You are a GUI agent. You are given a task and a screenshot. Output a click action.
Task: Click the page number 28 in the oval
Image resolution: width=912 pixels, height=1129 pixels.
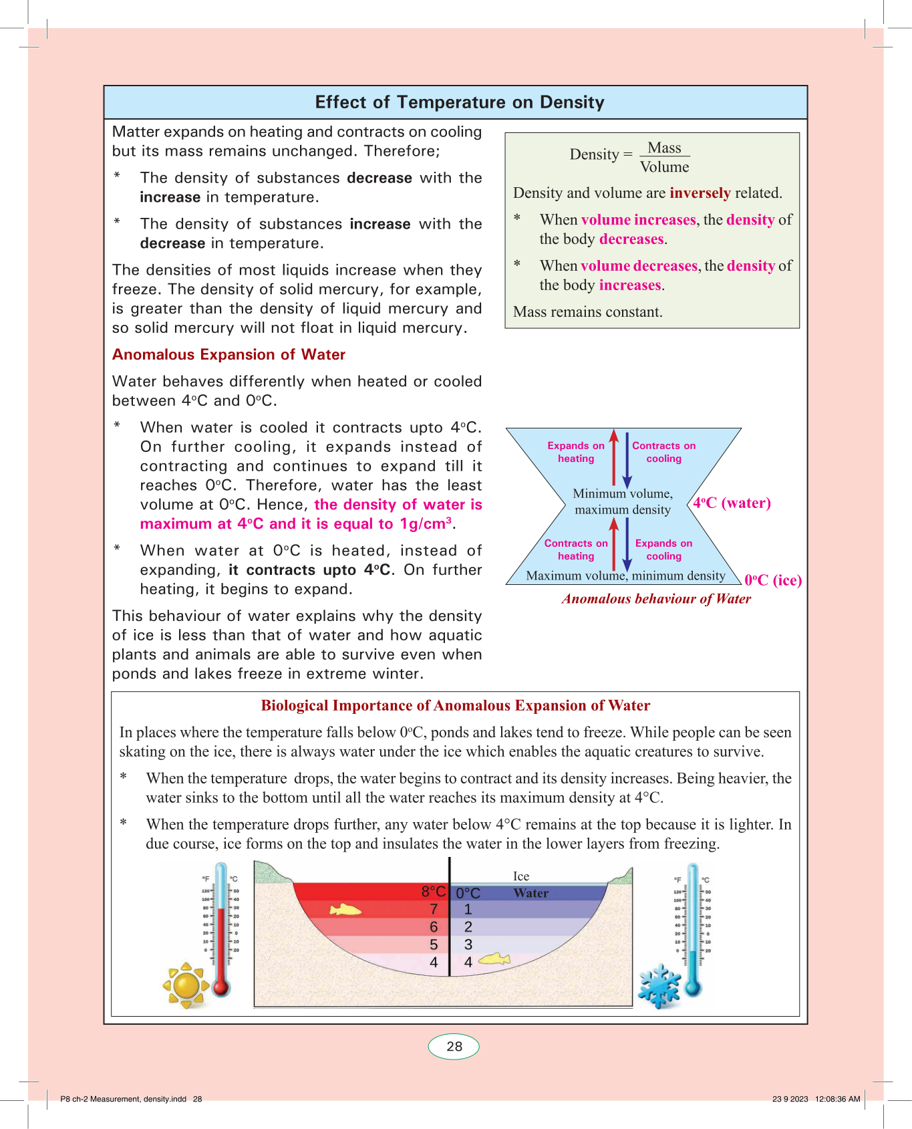[454, 1047]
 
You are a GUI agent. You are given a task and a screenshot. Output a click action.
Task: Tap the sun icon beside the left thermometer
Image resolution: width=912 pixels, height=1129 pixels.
[186, 985]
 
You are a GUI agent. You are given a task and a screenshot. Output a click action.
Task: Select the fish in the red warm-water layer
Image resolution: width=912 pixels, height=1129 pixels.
[345, 910]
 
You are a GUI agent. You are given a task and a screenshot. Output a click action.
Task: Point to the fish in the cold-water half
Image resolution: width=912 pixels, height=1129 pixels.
[494, 959]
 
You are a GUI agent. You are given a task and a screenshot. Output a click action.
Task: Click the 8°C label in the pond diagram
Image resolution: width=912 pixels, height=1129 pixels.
[433, 892]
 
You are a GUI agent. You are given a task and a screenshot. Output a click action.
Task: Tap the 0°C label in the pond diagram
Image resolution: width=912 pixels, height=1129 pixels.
[468, 894]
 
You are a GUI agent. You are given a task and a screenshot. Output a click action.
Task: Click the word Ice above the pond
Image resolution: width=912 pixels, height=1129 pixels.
[521, 876]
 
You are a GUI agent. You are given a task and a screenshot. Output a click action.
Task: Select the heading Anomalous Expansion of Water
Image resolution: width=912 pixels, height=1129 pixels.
[229, 355]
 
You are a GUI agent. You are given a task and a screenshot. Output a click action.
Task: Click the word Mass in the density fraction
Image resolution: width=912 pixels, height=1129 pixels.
[664, 148]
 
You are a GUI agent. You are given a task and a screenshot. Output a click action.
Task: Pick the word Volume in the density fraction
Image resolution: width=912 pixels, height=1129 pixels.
[664, 167]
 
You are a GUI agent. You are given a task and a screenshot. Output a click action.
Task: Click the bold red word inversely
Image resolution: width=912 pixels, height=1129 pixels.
[700, 193]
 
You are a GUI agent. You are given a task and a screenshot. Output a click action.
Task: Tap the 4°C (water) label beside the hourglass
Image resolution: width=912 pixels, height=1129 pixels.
[732, 503]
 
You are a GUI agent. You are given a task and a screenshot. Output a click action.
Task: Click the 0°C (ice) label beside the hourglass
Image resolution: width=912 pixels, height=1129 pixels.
[773, 580]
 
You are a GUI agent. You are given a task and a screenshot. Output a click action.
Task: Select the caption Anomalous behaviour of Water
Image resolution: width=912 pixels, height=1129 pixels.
[656, 599]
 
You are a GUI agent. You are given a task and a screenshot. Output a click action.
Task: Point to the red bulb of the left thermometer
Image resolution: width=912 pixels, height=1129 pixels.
[221, 987]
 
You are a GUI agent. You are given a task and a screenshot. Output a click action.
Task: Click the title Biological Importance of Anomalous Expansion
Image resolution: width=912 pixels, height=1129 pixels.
[455, 706]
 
